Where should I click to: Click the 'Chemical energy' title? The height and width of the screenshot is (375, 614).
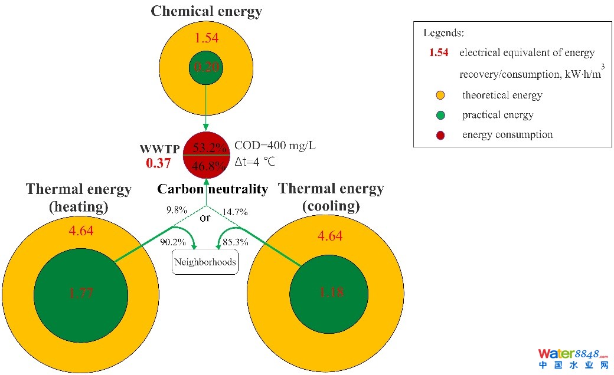point(206,11)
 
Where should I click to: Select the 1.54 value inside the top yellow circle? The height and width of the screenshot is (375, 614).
point(206,39)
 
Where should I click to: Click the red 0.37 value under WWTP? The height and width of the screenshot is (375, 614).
point(158,162)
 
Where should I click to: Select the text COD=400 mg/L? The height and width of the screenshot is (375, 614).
point(275,145)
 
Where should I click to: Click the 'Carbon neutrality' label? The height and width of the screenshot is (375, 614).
point(213,189)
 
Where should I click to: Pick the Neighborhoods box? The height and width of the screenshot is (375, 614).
point(205,262)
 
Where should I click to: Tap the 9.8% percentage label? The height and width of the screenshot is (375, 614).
point(177,210)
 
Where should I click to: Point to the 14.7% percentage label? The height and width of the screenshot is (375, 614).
point(236,212)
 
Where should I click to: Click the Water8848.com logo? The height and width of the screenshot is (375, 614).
point(572,358)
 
